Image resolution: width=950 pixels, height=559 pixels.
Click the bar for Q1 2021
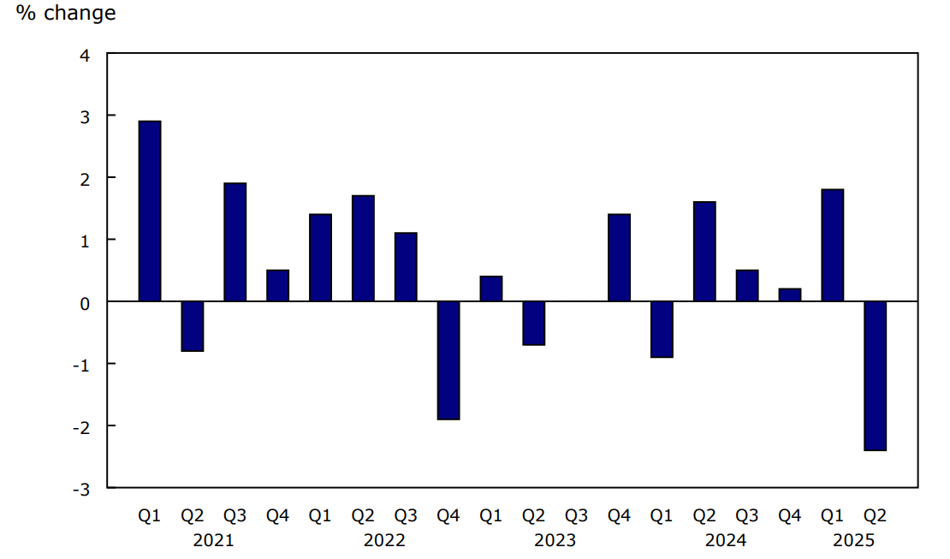point(150,211)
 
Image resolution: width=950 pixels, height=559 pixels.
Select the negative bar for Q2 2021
point(193,326)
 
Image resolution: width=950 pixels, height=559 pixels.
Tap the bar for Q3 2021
point(235,242)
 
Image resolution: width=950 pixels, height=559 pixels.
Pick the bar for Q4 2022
point(448,360)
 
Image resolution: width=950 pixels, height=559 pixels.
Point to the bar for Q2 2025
point(875,376)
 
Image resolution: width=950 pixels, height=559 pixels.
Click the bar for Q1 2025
point(832,245)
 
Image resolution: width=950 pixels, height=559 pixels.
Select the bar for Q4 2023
point(619,258)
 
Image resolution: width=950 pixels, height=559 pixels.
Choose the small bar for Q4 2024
point(789,294)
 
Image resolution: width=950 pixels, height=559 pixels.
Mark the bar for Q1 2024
point(662,330)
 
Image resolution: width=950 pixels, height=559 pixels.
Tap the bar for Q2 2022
point(363,248)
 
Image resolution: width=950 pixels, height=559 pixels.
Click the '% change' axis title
point(66,14)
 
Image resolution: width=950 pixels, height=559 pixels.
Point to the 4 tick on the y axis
point(85,54)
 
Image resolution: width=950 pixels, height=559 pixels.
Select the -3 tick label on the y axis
point(82,489)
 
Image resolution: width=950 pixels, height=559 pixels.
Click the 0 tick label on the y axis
point(85,302)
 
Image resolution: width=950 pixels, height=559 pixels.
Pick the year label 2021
point(213,540)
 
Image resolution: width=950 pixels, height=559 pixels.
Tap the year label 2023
point(555,540)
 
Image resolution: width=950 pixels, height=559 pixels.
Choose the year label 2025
point(853,540)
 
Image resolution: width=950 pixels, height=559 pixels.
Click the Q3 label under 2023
point(576,516)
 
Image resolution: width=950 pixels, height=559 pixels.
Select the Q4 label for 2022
point(448,516)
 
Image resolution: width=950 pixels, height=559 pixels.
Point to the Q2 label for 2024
point(704,516)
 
